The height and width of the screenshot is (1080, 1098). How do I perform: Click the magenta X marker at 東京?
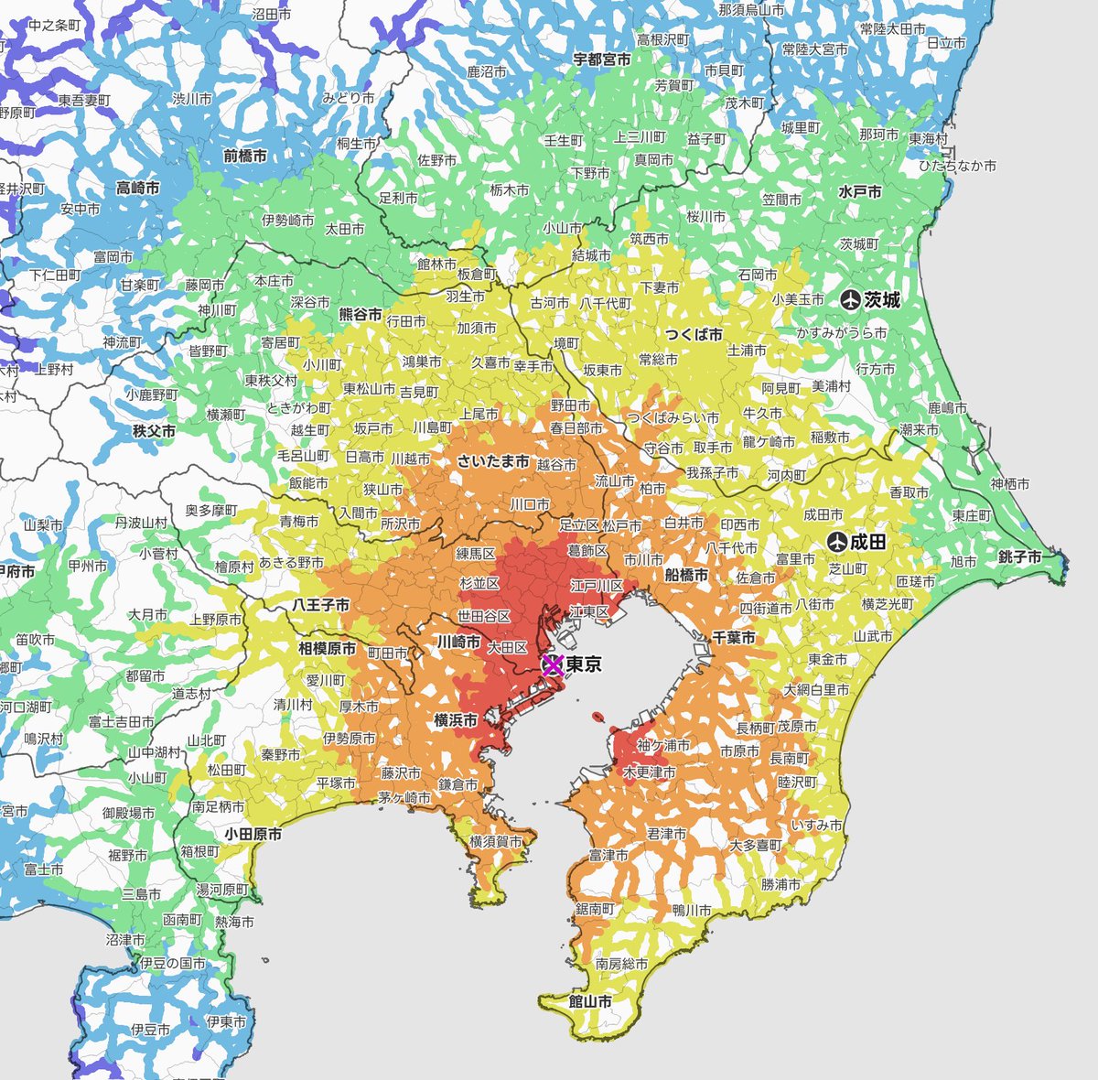pos(552,665)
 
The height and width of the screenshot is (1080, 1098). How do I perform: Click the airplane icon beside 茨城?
pos(851,299)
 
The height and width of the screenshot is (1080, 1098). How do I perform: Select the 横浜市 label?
pos(456,720)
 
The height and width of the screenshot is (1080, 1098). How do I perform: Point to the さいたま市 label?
pos(493,462)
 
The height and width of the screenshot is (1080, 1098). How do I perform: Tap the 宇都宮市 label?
pos(602,59)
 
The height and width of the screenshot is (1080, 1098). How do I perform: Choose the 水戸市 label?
pos(860,192)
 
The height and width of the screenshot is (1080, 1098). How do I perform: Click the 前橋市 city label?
pos(245,156)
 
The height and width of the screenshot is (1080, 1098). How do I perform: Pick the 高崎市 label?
pos(138,188)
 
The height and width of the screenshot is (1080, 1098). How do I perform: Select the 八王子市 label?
pos(321,605)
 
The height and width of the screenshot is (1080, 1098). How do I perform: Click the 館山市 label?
pos(590,1001)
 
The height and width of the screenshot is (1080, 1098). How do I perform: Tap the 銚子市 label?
pos(1020,556)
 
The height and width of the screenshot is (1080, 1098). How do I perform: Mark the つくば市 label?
pos(694,334)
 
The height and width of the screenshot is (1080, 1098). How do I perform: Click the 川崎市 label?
pos(458,642)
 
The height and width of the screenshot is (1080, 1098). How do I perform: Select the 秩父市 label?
pos(154,429)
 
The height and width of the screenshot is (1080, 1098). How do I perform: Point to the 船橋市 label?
pos(686,575)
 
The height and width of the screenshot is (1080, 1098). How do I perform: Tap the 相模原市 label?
pos(328,648)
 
